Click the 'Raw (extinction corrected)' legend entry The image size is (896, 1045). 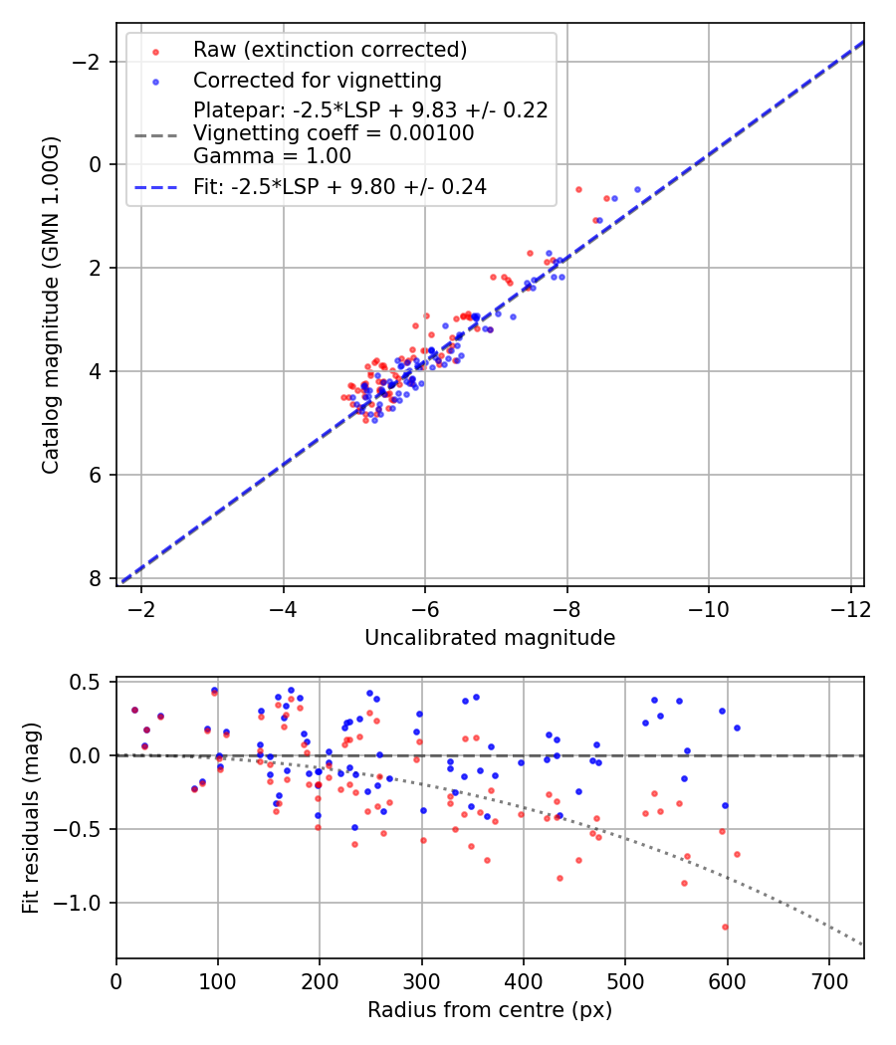(x=330, y=49)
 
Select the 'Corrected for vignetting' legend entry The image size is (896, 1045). (x=317, y=80)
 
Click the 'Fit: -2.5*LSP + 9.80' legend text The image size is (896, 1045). (x=339, y=186)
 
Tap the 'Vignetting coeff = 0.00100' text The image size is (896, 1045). (x=334, y=132)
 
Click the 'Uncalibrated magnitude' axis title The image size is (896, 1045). (x=490, y=637)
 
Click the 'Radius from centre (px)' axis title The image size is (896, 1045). (x=490, y=1010)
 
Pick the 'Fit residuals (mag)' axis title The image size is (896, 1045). (x=31, y=818)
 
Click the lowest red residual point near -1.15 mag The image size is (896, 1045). (x=725, y=927)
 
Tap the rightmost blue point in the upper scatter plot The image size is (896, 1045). (x=637, y=189)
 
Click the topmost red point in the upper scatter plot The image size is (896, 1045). (x=578, y=189)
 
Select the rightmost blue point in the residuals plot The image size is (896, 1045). (x=737, y=728)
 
